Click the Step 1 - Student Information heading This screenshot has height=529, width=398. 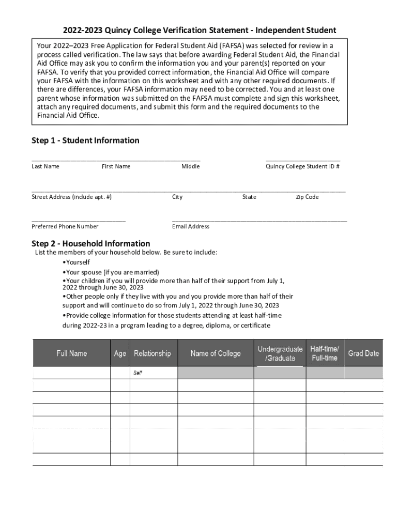tap(85, 141)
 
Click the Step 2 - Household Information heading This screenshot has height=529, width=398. tap(91, 243)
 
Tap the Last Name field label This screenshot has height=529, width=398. tap(45, 166)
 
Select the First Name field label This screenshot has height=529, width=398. tap(116, 166)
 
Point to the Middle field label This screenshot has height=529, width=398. tap(190, 166)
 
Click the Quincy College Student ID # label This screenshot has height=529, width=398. tap(302, 166)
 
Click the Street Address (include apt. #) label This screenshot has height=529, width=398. tap(71, 197)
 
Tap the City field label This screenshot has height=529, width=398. tap(177, 197)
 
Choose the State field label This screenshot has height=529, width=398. tap(249, 197)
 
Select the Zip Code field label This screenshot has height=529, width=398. tap(307, 197)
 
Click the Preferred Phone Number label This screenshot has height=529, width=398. tap(65, 226)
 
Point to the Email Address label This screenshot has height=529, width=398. tap(191, 226)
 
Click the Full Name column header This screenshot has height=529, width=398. tap(72, 353)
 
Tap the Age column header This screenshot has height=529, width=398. tap(120, 353)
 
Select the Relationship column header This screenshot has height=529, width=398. tap(152, 353)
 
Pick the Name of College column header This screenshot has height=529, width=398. tap(216, 353)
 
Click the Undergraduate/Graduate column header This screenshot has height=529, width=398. tap(280, 353)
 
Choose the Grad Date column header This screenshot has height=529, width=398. tap(363, 353)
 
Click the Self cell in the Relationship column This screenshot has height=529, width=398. tap(138, 373)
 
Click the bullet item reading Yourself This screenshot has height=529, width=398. tap(76, 262)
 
